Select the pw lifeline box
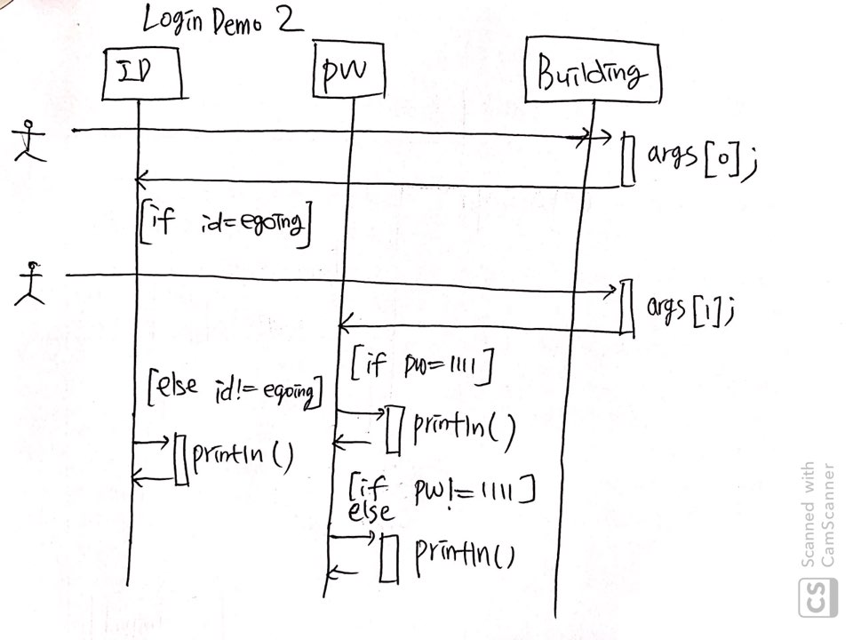350,71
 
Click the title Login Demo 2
222,21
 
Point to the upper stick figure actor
32,140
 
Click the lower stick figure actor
32,283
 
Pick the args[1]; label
690,307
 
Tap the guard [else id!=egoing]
235,392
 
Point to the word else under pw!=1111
371,512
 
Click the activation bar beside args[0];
627,160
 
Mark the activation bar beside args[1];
626,308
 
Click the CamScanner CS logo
817,596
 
